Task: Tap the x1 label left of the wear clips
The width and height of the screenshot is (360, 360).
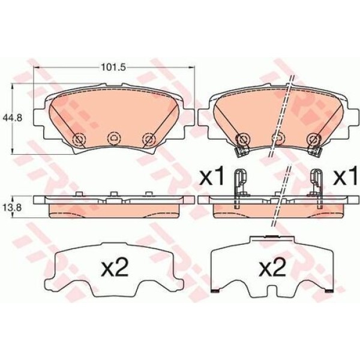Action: pos(211,177)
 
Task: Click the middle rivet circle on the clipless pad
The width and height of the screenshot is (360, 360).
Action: pos(113,139)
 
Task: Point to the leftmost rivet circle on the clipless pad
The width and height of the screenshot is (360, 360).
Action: pos(77,140)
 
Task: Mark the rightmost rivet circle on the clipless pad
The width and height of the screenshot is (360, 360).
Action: pos(148,139)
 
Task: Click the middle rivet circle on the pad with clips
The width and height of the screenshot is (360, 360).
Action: pos(277,139)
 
